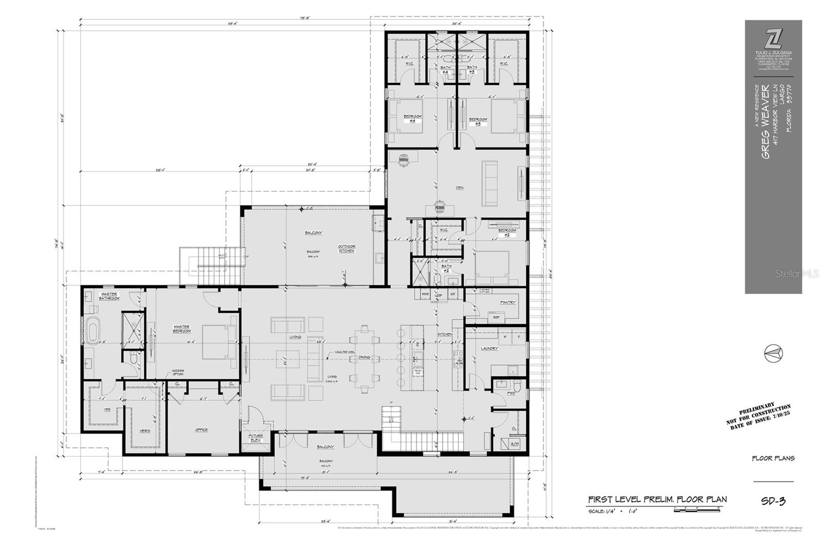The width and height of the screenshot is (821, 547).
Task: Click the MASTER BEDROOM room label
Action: point(182,329)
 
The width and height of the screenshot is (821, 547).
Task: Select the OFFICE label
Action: point(201,429)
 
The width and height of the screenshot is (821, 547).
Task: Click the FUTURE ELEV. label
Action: point(256,438)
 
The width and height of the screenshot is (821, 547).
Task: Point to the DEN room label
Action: point(460,188)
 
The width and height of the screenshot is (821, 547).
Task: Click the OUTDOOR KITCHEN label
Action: point(346,249)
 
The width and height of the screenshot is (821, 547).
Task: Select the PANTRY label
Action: point(507,302)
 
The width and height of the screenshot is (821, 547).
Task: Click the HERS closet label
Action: point(145,431)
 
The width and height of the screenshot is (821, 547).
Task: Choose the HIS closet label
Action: point(107,409)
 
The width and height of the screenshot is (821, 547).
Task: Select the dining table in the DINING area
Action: point(364,358)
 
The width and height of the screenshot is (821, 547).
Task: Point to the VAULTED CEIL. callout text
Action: point(345,352)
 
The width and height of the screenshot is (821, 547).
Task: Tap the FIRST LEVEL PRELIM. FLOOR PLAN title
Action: point(657,499)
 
